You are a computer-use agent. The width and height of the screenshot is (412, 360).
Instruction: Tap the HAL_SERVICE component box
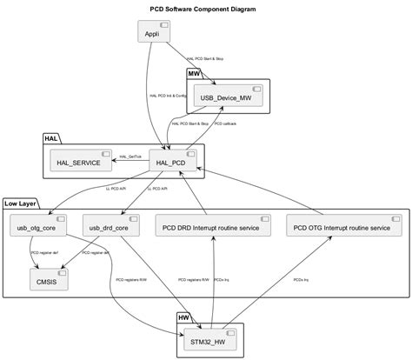pyautogui.click(x=81, y=162)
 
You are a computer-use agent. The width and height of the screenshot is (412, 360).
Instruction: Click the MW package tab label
pyautogui.click(x=195, y=74)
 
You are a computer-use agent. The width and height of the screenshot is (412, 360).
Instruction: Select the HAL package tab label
pyautogui.click(x=51, y=138)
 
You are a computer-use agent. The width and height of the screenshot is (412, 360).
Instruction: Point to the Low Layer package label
pyautogui.click(x=20, y=203)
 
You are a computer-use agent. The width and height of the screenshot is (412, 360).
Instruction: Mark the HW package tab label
pyautogui.click(x=185, y=318)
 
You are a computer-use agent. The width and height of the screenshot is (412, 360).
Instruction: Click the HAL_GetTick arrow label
pyautogui.click(x=130, y=157)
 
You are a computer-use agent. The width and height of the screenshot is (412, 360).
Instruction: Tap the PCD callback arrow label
pyautogui.click(x=225, y=123)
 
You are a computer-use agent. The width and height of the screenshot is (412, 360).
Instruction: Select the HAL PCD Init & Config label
pyautogui.click(x=168, y=96)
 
